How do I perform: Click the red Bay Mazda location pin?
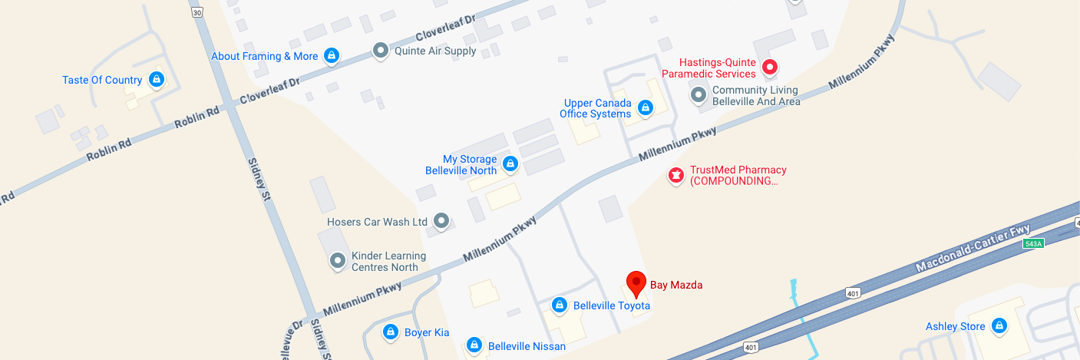tap(636, 282)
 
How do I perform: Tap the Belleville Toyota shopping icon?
tap(560, 306)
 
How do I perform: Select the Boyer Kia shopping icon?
tap(391, 332)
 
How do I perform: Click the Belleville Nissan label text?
tap(527, 346)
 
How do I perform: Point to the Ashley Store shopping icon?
tap(999, 326)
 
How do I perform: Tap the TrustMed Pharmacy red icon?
tap(675, 176)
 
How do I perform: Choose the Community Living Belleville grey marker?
tap(699, 95)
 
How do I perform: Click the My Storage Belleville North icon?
tap(510, 163)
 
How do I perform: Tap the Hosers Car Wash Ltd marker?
tap(441, 222)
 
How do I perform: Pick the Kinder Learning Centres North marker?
tap(337, 262)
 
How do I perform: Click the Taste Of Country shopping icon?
tap(157, 80)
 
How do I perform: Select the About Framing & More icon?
tap(332, 56)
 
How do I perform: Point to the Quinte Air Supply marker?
tap(381, 51)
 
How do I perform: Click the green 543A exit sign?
tap(1033, 243)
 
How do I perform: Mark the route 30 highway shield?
tap(198, 12)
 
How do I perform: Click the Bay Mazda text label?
tap(676, 285)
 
